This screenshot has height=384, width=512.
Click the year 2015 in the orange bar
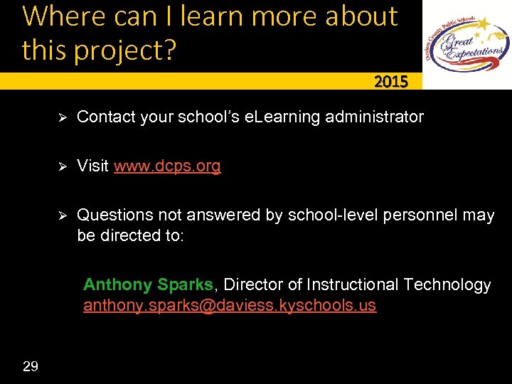[391, 82]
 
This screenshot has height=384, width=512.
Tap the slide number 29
[31, 366]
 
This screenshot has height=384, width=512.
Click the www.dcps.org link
[167, 166]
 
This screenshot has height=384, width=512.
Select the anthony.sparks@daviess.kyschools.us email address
[230, 306]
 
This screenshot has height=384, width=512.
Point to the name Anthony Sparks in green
[148, 284]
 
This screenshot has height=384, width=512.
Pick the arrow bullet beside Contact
[61, 116]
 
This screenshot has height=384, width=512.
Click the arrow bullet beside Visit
[61, 166]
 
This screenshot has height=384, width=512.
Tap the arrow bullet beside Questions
[61, 215]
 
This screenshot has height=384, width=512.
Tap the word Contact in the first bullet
[105, 116]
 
